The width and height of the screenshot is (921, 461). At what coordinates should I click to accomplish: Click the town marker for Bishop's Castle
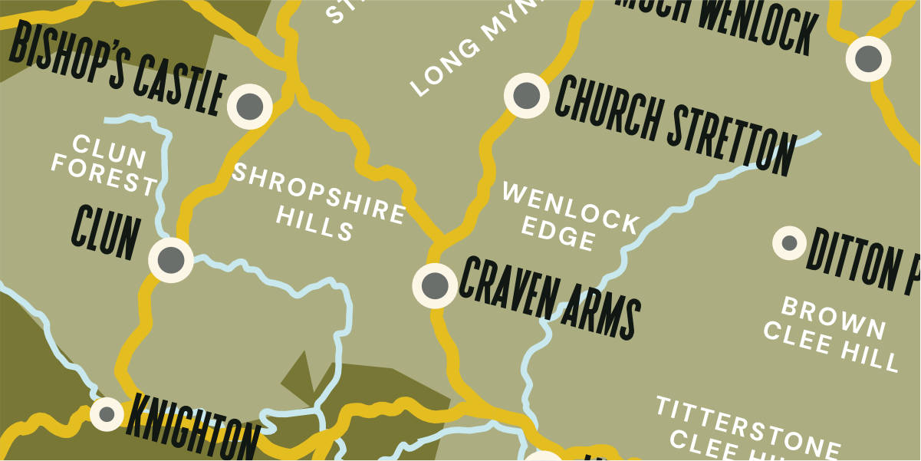[x=250, y=106]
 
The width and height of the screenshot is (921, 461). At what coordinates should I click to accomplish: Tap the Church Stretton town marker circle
[x=527, y=95]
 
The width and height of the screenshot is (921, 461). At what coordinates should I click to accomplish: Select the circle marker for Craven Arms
[x=435, y=285]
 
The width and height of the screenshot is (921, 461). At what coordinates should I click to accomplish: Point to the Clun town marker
[x=170, y=260]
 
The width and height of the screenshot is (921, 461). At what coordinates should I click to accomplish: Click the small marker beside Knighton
[x=107, y=414]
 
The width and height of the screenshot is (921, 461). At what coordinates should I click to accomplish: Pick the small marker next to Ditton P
[x=789, y=243]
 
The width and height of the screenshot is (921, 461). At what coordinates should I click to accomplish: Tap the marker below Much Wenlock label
[x=868, y=58]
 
